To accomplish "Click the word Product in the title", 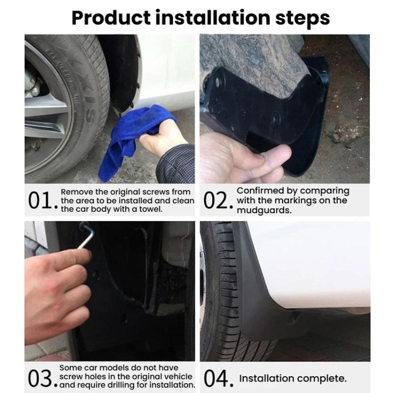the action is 111,18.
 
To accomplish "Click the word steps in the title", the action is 302,18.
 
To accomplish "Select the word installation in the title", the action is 213,18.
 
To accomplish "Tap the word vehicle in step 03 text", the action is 179,377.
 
